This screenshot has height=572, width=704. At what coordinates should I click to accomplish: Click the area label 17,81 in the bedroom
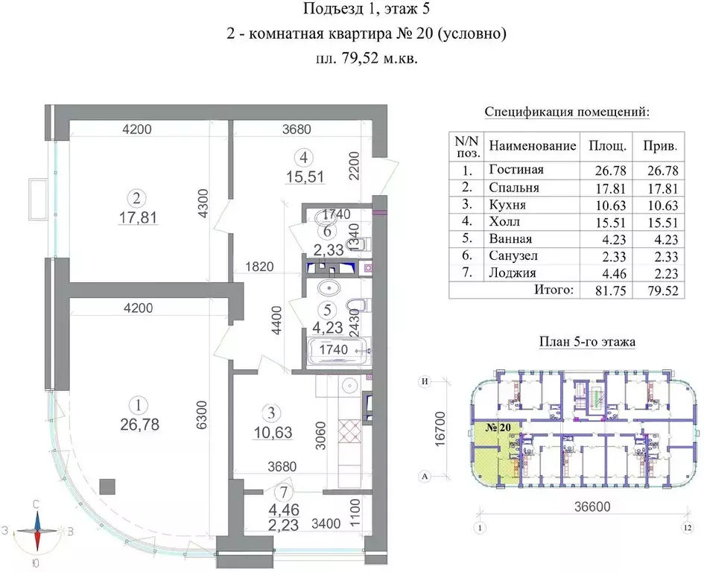137,217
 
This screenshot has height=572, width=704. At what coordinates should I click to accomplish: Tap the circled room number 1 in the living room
137,405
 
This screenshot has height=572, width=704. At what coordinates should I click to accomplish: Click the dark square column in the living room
107,486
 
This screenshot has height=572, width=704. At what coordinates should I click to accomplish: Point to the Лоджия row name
513,273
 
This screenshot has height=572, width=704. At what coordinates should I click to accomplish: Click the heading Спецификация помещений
567,112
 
